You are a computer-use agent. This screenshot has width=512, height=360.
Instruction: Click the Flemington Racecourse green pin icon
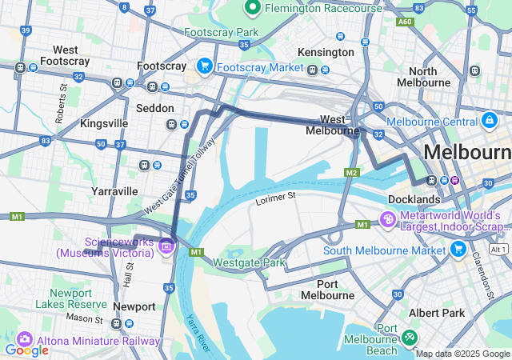coord(253,8)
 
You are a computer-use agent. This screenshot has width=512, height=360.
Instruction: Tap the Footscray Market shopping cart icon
coord(205,66)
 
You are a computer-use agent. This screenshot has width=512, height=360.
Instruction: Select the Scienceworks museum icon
coord(166,246)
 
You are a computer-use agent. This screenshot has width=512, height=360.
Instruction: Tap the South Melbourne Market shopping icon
coord(458,250)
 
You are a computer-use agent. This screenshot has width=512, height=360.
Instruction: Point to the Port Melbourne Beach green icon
coord(410,338)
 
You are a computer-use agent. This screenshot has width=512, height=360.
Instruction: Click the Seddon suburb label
coord(154,107)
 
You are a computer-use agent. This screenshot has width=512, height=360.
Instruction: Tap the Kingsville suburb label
coord(104,124)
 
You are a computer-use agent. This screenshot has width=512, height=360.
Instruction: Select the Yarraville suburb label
coord(114,191)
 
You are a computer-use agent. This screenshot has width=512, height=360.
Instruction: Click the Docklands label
coord(414,198)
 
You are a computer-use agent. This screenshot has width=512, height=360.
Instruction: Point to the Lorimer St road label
coord(276,195)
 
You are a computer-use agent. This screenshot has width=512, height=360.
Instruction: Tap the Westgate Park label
coord(249,262)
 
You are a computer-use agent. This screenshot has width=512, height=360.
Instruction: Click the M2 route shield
coord(351,172)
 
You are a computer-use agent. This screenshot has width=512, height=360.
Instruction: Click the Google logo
coord(26,350)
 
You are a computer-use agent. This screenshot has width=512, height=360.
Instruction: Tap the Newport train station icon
coord(117,323)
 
